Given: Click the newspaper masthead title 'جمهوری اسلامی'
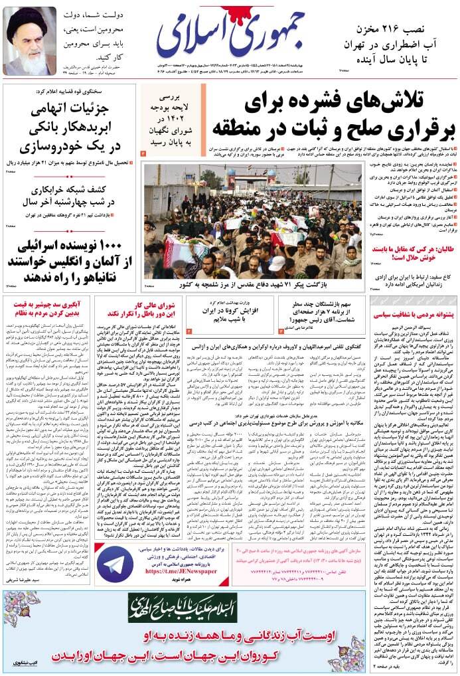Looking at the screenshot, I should [x=230, y=36].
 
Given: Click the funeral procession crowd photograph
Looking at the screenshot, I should [x=252, y=222].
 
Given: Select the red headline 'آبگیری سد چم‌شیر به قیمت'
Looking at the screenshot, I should [x=46, y=303].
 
